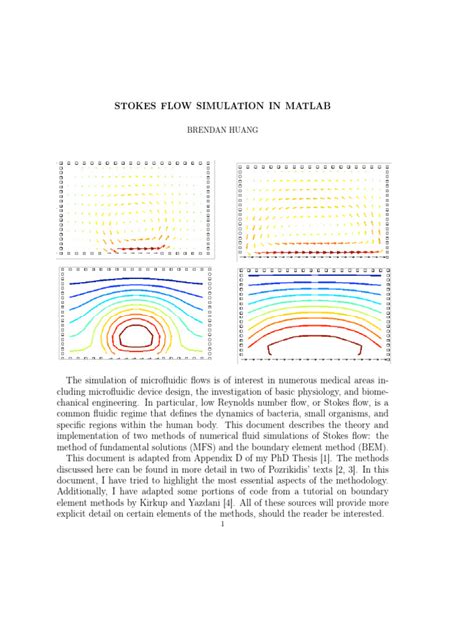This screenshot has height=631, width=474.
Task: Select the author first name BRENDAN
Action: (213, 130)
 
